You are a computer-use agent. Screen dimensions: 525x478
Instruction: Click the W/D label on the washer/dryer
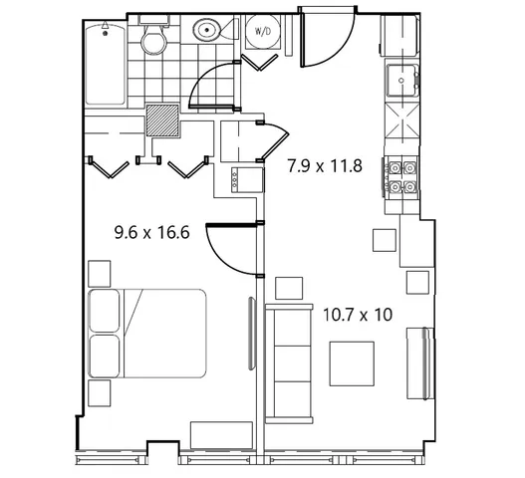[263, 32]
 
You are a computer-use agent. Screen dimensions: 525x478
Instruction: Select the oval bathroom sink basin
[207, 30]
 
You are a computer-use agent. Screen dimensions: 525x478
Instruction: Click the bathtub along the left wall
[106, 64]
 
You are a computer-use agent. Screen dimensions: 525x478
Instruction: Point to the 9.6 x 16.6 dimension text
[152, 232]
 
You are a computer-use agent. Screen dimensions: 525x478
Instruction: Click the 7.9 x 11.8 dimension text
[325, 165]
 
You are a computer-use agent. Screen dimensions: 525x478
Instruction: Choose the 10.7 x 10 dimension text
[358, 315]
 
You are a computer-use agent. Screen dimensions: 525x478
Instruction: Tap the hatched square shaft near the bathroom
[162, 120]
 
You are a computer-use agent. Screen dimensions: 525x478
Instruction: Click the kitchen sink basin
[402, 81]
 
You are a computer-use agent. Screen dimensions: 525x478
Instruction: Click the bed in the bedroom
[147, 334]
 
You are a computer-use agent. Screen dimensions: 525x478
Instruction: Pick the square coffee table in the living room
[352, 363]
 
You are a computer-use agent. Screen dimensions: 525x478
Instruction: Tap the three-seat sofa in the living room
[289, 363]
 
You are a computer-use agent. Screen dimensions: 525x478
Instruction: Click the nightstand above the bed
[99, 274]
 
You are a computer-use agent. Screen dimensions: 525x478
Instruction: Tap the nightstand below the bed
[99, 393]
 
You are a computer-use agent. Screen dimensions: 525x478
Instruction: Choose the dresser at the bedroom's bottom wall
[221, 435]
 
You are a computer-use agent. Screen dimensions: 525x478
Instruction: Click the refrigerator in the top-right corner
[400, 35]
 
